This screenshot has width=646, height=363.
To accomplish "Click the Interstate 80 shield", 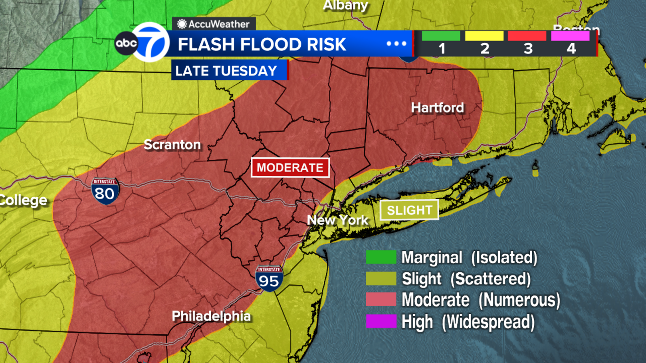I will (105, 191).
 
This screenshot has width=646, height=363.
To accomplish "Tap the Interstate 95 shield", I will (269, 278).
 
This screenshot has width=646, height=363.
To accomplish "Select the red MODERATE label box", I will (290, 167).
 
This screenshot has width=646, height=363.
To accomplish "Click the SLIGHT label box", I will (409, 210).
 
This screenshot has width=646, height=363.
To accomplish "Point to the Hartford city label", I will (437, 108).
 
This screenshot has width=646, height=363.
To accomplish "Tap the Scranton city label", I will (172, 145).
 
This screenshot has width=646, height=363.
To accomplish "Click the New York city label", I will (338, 220).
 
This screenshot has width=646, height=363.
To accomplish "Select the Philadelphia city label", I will (211, 316).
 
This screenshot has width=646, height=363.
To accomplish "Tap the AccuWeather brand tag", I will (214, 24).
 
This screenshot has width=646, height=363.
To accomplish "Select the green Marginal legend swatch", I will (381, 257).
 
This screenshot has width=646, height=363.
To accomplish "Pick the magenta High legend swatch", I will (381, 321).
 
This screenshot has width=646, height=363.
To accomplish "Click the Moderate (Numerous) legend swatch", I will (381, 300).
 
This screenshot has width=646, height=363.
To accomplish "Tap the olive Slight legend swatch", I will (381, 278).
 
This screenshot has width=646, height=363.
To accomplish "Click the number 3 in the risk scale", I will (528, 49).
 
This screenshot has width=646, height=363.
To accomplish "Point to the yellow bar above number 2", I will (484, 36).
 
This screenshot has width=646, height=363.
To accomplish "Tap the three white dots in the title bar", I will (396, 44).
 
